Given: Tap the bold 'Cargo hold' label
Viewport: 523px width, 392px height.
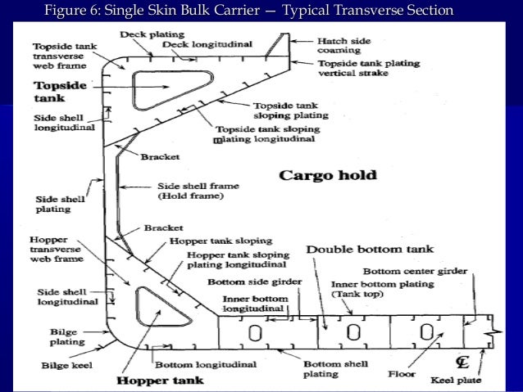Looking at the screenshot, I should [x=328, y=175].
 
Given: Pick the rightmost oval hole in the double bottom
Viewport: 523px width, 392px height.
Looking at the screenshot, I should [x=426, y=333].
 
